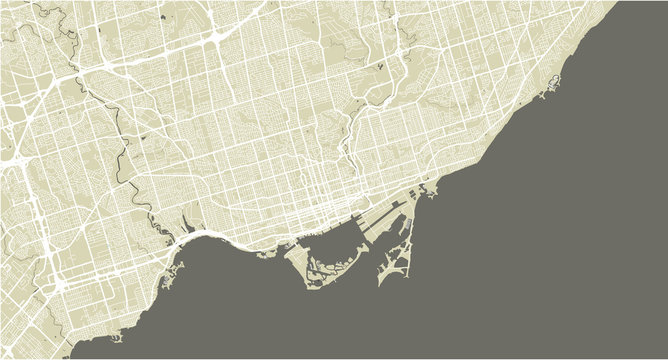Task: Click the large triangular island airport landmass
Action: [297, 261]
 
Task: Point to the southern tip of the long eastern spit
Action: [381, 283]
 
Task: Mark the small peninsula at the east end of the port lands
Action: [430, 190]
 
